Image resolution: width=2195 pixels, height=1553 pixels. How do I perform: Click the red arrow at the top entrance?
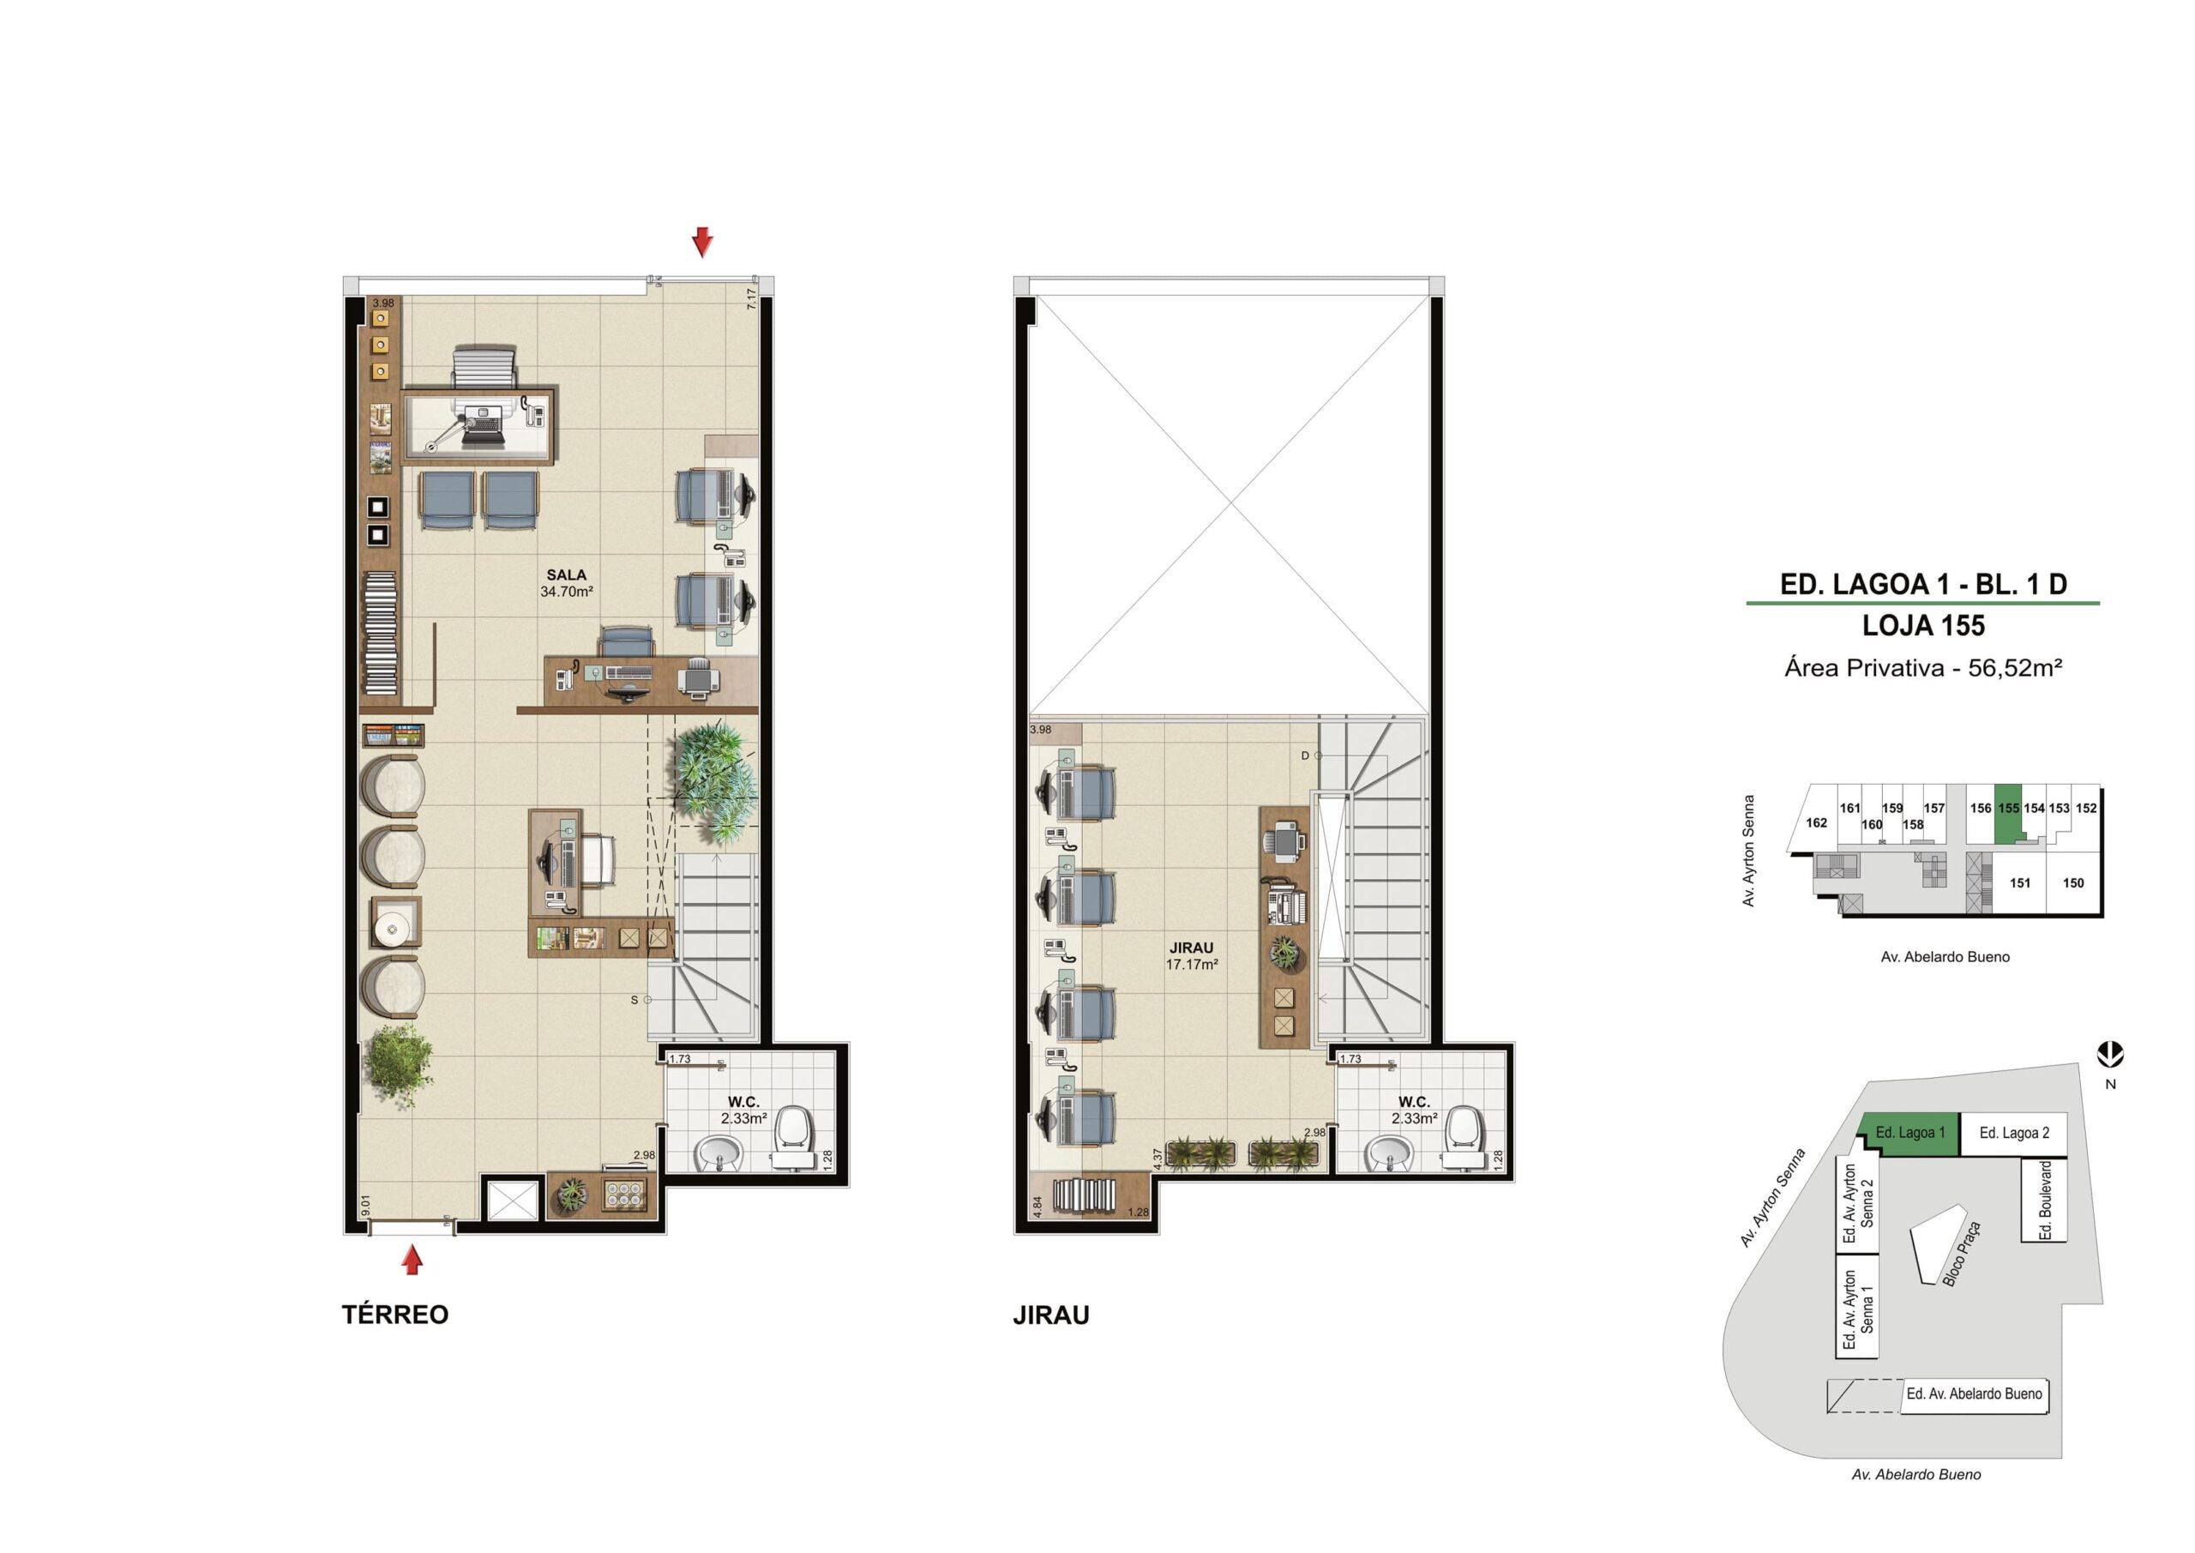[x=703, y=242]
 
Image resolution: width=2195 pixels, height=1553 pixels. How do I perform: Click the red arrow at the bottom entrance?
[x=412, y=1261]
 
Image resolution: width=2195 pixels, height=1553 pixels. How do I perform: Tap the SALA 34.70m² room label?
[x=566, y=583]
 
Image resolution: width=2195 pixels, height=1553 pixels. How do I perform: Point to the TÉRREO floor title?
[x=394, y=1315]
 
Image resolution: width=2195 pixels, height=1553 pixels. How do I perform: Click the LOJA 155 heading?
[x=1923, y=626]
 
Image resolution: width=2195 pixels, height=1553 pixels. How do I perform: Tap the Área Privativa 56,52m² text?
[x=1923, y=667]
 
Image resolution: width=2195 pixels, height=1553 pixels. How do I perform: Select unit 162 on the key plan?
[x=1816, y=822]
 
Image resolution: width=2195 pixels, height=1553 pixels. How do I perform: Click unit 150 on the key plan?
[x=2073, y=882]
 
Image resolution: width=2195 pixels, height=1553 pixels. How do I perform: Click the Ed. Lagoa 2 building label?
[x=2014, y=1133]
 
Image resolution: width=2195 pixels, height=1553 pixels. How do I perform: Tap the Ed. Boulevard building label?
[x=2046, y=1201]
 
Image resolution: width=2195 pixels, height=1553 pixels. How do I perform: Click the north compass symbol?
[x=2110, y=1055]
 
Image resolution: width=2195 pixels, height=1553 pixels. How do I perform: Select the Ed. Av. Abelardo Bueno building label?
[x=1974, y=1394]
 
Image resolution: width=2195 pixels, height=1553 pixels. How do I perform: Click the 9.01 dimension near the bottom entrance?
[x=365, y=1206]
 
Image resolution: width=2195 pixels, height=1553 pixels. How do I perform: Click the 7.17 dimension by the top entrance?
[x=751, y=299]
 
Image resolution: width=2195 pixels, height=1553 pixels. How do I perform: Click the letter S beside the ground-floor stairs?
[x=634, y=1000]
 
